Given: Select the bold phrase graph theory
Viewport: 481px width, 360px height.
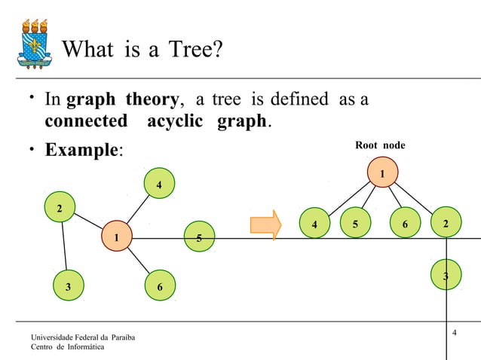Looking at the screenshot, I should click(121, 99).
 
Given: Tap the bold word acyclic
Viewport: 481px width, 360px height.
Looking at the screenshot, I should click(173, 121).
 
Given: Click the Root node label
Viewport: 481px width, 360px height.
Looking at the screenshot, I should click(380, 145).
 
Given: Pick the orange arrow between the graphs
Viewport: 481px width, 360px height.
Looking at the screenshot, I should click(265, 224).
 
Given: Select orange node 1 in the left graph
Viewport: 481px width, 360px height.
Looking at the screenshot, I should click(116, 238).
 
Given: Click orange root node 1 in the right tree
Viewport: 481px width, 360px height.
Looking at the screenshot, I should click(383, 174).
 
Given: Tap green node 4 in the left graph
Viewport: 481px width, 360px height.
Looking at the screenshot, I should click(158, 185).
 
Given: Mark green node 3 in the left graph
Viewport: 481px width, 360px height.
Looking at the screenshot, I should click(69, 286).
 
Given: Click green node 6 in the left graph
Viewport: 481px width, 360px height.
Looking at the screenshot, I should click(160, 287).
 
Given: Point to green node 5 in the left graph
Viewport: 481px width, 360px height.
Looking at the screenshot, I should click(198, 236).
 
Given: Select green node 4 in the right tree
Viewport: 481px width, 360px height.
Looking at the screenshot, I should click(314, 224).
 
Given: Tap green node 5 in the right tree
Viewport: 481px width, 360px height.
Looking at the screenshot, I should click(355, 224).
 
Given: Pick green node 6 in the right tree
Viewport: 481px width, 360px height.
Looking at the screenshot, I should click(405, 224).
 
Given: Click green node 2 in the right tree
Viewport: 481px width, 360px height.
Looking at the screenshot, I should click(446, 224).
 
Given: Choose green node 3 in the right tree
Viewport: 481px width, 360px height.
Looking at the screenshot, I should click(446, 276).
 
